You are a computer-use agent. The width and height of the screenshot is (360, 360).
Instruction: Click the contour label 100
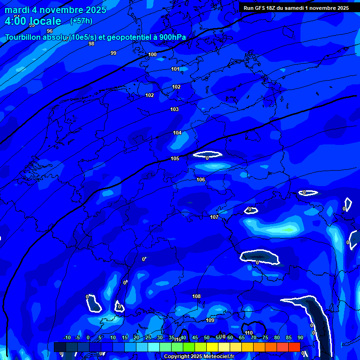pos(152,55)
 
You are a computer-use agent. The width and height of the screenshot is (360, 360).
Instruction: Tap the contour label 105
pos(175,159)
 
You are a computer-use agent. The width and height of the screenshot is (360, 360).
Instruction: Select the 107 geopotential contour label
pos(214,217)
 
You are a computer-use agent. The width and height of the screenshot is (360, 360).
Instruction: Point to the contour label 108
pos(196,297)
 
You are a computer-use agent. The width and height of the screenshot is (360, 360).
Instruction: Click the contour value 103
pos(174,110)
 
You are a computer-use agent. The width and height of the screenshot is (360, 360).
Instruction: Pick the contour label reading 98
pos(91,44)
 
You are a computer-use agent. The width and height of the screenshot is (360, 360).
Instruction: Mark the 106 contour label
pos(201,180)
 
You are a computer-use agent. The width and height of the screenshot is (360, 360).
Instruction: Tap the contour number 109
pos(210,321)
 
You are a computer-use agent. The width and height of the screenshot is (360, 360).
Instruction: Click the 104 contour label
pos(177,133)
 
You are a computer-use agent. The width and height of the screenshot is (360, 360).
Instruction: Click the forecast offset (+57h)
pos(81,21)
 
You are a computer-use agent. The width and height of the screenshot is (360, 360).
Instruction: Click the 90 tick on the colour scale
pos(300,338)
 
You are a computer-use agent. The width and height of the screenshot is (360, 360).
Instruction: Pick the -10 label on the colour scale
pos(67,338)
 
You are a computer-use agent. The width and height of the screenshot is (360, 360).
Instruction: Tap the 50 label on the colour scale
pos(207,338)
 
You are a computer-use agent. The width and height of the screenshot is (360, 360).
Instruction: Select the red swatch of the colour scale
pos(294,347)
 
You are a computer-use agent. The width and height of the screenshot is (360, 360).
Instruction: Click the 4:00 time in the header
pos(15,21)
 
